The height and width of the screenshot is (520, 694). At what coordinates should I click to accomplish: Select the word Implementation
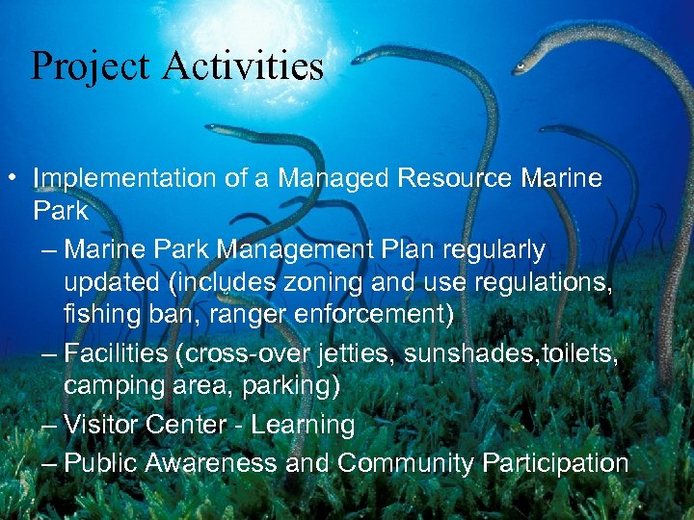click(x=123, y=179)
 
